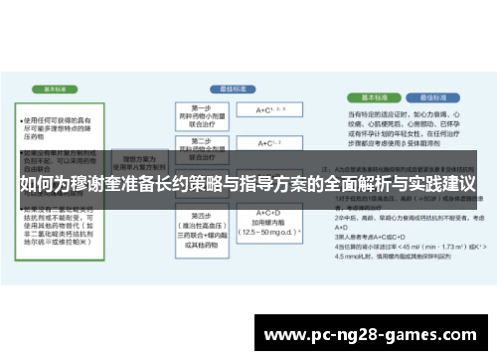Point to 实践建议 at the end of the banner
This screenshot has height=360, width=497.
[443, 184]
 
